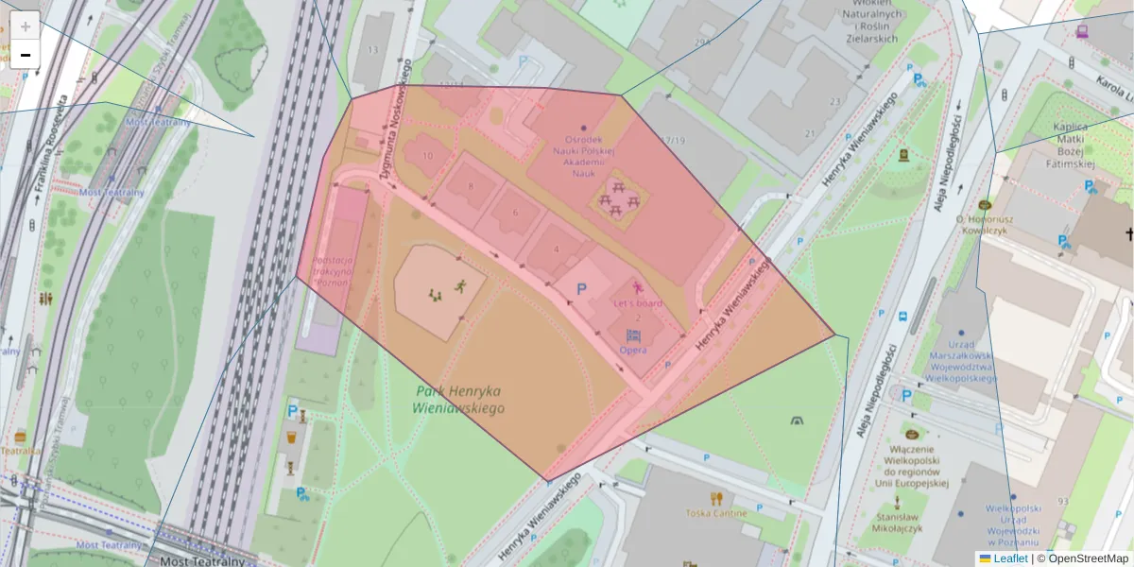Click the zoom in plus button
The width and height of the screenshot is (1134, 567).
[x=26, y=26]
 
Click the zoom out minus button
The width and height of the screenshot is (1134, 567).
[x=26, y=55]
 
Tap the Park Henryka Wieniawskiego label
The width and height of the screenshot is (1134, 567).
[x=459, y=400]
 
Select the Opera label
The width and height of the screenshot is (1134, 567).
[x=633, y=351]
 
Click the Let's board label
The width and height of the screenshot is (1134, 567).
[x=638, y=303]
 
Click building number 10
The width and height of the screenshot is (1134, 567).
[x=428, y=156]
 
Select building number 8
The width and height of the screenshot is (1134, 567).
[x=471, y=186]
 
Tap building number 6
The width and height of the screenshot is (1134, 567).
[x=515, y=213]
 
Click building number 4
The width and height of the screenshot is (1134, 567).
[x=557, y=249]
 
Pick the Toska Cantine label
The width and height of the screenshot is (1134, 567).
[x=716, y=513]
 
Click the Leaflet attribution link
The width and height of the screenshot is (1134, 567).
[x=1010, y=558]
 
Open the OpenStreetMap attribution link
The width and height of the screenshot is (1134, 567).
[x=1088, y=558]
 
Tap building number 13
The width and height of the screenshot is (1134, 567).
[x=373, y=50]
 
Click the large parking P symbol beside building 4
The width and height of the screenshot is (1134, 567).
[x=581, y=287]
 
